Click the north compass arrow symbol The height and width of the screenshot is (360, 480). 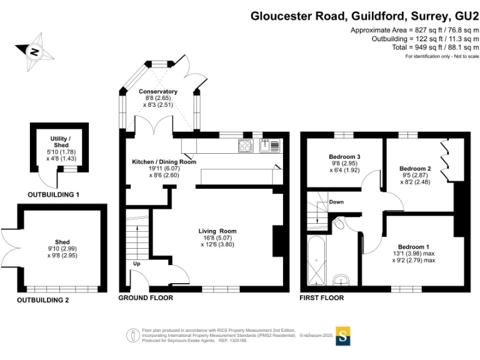point(31,51)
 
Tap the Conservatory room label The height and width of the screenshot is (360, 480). point(157,91)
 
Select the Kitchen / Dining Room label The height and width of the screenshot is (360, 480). point(164,162)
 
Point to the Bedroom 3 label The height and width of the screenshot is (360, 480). point(344,157)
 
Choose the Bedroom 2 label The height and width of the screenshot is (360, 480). point(416,169)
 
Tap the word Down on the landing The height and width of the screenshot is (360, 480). point(336,202)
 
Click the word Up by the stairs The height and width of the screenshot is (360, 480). point(137,264)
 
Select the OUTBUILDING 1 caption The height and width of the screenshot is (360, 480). point(53,195)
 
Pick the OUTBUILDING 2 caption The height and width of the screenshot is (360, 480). point(43,300)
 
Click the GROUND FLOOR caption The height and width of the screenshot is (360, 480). point(146,298)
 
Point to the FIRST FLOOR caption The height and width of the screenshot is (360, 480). point(322,298)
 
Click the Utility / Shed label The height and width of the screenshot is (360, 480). point(61,141)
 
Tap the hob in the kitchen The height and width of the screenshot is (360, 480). point(244,146)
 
